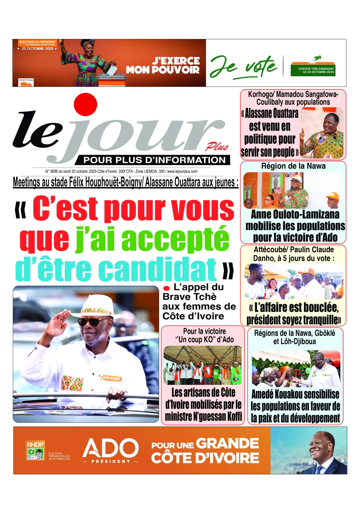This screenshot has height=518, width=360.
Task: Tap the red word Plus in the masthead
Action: [217, 147]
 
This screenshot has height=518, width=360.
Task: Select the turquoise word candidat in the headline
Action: [157, 269]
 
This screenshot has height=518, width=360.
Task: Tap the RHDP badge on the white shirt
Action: [111, 378]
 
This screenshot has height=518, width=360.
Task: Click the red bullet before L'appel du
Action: [166, 288]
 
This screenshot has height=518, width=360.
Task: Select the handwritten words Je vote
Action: [243, 67]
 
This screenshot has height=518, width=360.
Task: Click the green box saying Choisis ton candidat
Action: [313, 70]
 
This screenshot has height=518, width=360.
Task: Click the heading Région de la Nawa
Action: [293, 166]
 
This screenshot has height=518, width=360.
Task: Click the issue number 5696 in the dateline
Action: [54, 171]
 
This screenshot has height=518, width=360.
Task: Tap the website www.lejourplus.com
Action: [182, 171]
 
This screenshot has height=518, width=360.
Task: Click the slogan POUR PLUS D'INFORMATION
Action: [154, 160]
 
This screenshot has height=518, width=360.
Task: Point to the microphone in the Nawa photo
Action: [291, 189]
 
